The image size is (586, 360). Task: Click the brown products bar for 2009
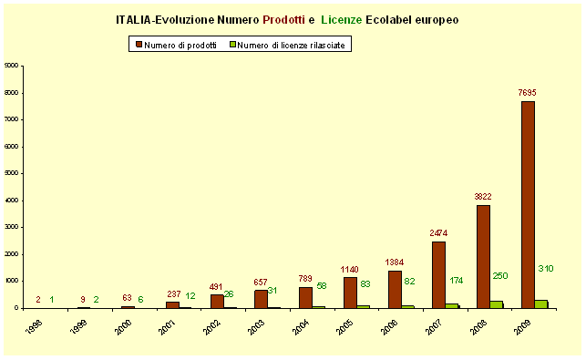[528, 204]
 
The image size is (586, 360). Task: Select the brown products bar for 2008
[483, 256]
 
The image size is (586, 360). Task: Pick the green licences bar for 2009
[541, 303]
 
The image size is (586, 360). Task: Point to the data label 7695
[528, 93]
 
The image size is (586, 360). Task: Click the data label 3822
[483, 197]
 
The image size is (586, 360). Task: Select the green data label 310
[545, 269]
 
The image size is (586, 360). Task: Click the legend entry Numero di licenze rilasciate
[289, 45]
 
